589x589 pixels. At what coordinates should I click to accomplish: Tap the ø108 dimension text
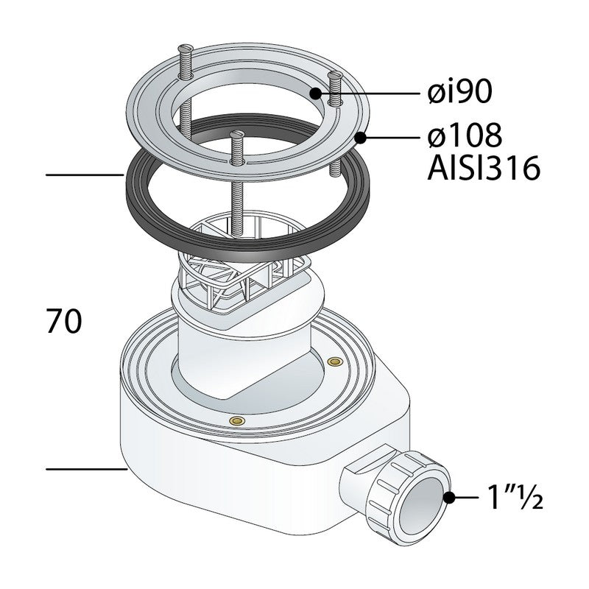coord(465,135)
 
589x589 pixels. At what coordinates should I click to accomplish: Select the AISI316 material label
coord(484,169)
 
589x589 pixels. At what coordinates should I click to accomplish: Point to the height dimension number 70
coord(64,321)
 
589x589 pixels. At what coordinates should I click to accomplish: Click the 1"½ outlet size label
coord(515,496)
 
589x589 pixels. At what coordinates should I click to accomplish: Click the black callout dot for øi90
coord(316,94)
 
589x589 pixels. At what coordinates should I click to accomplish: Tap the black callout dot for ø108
coord(360,138)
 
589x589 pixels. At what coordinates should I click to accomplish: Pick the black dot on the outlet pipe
coord(449,498)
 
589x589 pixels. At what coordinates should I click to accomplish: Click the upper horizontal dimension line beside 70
coord(85,174)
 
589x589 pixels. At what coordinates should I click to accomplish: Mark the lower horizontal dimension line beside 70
coord(86,469)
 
